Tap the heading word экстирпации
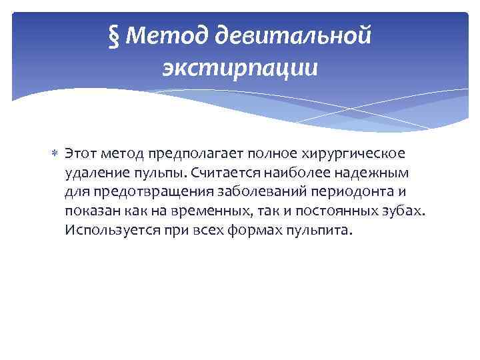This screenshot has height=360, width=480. coord(239,68)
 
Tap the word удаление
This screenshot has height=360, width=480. coord(94,173)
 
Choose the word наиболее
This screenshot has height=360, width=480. coord(295,173)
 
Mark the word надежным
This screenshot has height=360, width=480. coord(367,173)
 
